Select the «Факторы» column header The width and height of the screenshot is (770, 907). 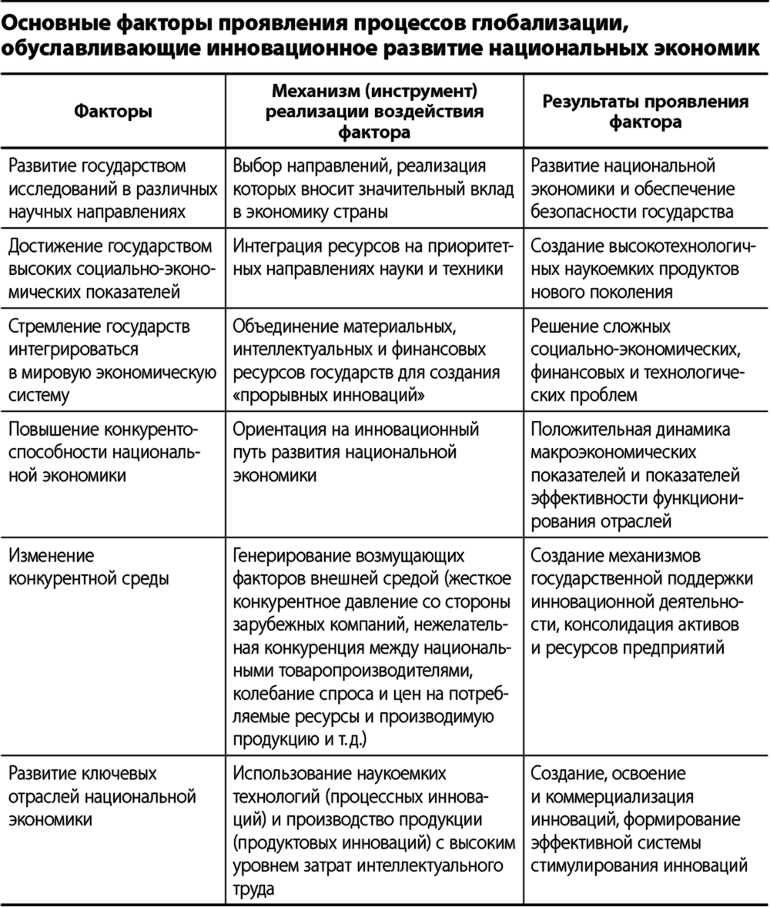(113, 112)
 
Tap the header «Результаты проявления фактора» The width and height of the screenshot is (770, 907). (645, 112)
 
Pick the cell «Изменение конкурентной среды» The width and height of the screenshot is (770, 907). (89, 567)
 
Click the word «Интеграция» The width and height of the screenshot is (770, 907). (275, 248)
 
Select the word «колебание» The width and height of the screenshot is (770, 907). (268, 694)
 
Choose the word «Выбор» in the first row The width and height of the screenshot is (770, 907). (255, 166)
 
